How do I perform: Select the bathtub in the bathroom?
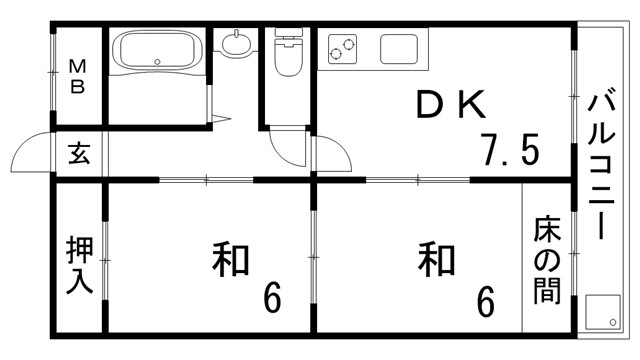[156, 51]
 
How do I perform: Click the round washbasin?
[237, 45]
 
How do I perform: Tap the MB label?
[78, 75]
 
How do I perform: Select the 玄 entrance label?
[78, 155]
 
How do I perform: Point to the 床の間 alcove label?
[546, 259]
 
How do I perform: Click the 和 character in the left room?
[230, 260]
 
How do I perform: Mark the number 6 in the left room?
[271, 297]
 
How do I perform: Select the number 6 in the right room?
[485, 299]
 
